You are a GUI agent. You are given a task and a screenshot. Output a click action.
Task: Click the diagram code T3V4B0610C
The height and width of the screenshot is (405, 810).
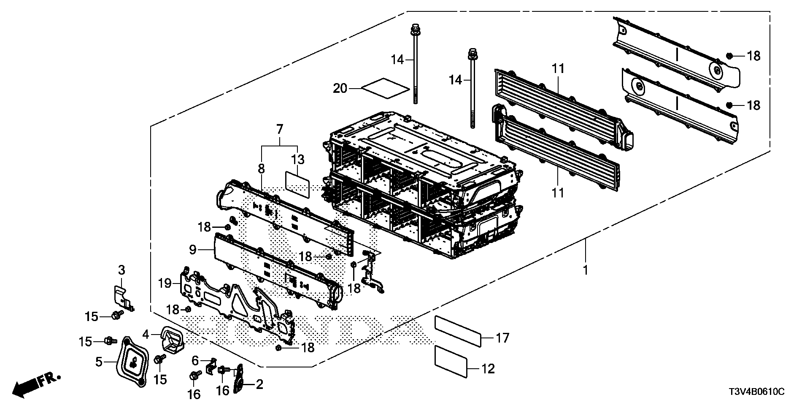pos(756,392)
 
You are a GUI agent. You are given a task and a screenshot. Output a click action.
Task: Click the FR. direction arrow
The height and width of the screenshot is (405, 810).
pos(36,385)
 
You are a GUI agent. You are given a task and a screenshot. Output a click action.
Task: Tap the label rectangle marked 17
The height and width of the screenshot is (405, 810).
pos(458,333)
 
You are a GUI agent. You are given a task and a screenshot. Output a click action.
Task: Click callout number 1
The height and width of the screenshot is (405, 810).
pos(585,270)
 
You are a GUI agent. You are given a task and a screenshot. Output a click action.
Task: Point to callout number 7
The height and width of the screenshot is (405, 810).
pos(279,129)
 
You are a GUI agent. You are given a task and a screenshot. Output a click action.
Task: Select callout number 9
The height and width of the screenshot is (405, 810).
pos(193,250)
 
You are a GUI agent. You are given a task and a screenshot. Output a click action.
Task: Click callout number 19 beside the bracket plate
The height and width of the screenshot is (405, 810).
pos(165,283)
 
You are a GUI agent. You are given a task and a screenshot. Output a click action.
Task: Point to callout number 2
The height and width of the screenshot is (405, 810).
pos(259,384)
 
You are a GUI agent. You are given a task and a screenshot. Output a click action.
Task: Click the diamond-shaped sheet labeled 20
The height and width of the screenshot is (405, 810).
pos(386,88)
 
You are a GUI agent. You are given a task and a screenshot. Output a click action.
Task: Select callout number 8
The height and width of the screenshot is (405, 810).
pos(262,169)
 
